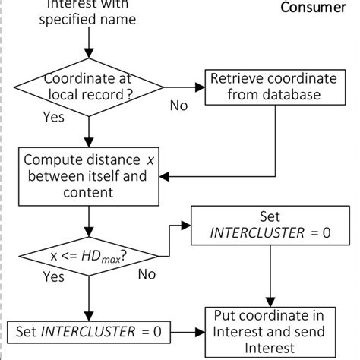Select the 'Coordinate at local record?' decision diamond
pyautogui.click(x=90, y=87)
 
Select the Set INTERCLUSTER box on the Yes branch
pyautogui.click(x=90, y=331)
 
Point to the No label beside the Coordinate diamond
pyautogui.click(x=178, y=106)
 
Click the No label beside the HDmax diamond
pyautogui.click(x=147, y=274)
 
